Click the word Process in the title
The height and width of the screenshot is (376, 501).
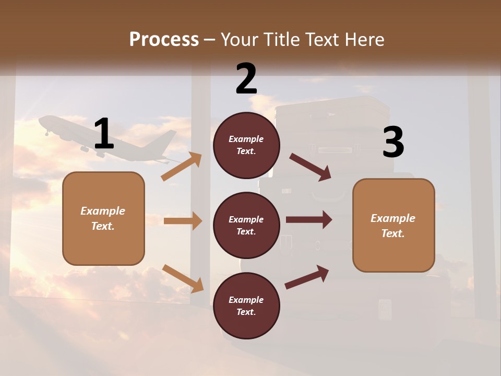[164, 40]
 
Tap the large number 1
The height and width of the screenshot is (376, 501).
[104, 134]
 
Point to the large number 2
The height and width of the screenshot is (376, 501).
[246, 79]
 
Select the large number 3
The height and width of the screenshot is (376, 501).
[393, 143]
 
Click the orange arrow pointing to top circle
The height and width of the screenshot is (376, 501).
[182, 167]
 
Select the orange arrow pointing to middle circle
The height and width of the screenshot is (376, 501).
[183, 221]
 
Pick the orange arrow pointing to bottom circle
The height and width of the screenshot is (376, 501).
[183, 278]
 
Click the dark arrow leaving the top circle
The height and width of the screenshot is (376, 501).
[311, 167]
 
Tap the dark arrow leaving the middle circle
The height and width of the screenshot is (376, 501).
[309, 220]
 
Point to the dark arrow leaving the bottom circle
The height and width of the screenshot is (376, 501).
[307, 277]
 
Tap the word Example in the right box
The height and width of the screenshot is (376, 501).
[393, 218]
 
